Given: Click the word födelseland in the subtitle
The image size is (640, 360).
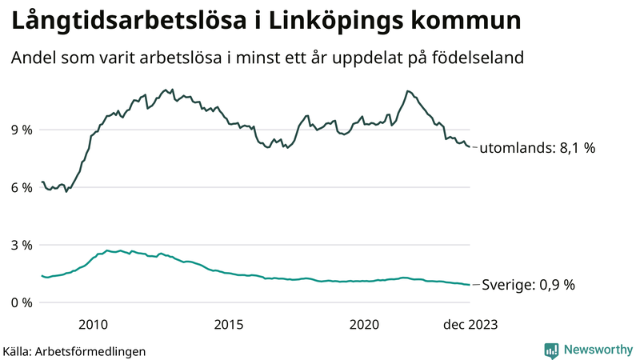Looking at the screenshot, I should [x=478, y=58].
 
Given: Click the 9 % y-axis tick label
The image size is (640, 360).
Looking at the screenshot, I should [x=22, y=130].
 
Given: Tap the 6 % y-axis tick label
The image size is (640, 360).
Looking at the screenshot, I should [x=22, y=187].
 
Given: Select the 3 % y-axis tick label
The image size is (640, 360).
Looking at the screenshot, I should [x=22, y=245].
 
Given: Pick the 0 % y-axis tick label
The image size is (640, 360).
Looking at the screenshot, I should [x=22, y=302].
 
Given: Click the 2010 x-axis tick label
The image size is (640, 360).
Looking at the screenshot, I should [x=93, y=324].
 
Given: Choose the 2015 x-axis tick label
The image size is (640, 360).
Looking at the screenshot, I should [x=229, y=324].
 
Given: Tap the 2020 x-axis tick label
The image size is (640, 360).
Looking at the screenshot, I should [x=365, y=324].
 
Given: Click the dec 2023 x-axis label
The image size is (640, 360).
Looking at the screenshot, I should [x=470, y=324].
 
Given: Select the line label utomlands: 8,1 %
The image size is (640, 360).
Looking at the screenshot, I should [x=537, y=148].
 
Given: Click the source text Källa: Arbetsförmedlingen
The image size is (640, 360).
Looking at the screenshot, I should [x=74, y=350].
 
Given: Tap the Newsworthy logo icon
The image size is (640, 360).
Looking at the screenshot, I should [x=551, y=350].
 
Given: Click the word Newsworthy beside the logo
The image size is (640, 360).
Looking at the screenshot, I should [x=597, y=350].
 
